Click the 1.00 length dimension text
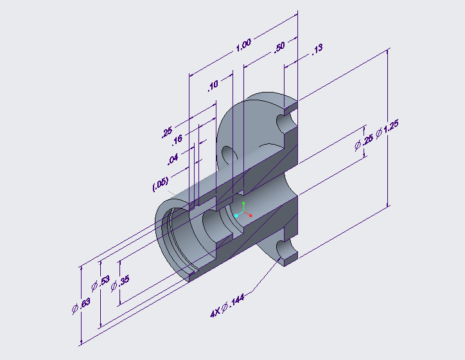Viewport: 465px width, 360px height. click(243, 46)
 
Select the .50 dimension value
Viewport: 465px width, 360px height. click(279, 49)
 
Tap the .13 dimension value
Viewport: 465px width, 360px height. click(317, 50)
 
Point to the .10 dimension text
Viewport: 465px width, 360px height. click(213, 85)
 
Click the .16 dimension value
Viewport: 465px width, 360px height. click(177, 139)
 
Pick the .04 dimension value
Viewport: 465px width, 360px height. click(172, 159)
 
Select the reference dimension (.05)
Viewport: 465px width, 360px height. click(161, 184)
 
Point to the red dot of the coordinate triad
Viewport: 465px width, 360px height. click(250, 215)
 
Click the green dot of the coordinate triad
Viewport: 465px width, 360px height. click(244, 203)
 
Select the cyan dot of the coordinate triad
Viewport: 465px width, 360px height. click(236, 216)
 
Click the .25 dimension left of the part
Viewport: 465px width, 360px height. click(168, 132)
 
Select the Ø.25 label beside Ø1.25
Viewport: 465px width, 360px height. click(363, 145)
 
